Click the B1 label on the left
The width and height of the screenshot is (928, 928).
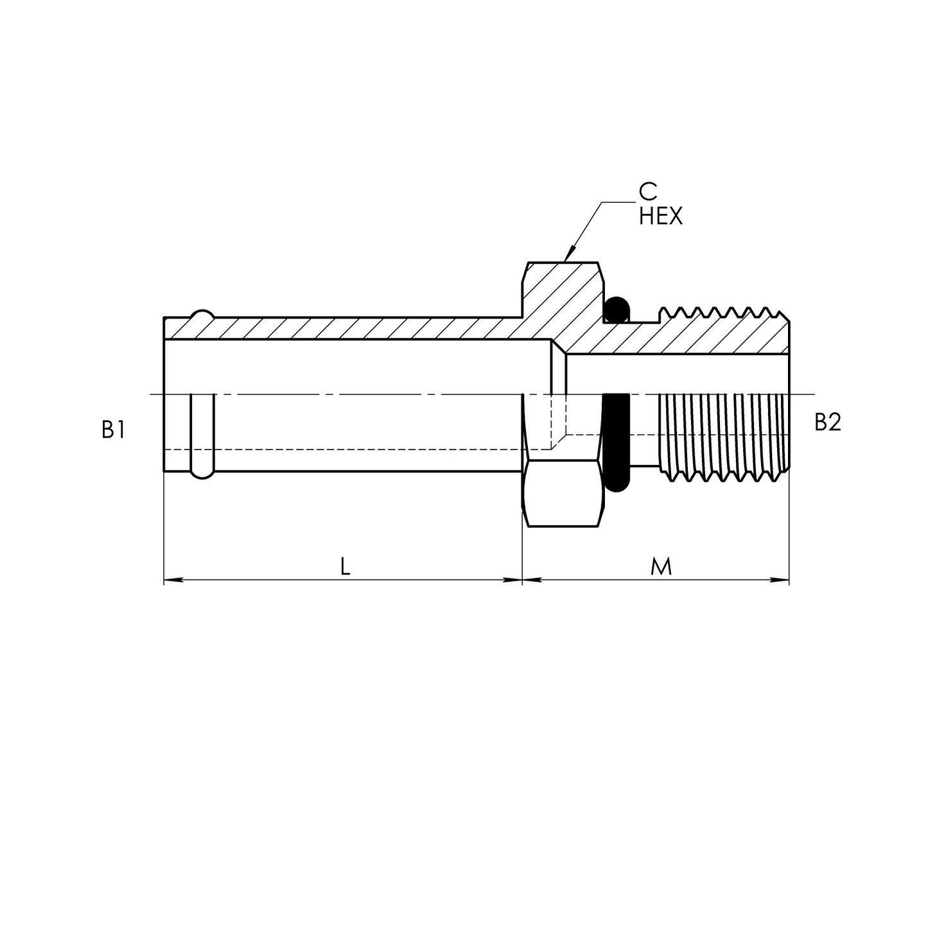114,430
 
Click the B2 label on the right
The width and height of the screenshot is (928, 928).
828,423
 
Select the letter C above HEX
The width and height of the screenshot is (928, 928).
648,192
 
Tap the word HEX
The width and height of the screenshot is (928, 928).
661,216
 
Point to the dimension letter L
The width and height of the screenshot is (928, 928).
345,567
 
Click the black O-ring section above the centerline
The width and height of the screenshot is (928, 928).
617,310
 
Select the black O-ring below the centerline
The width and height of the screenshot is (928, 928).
615,443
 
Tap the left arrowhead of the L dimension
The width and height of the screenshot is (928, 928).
172,581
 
